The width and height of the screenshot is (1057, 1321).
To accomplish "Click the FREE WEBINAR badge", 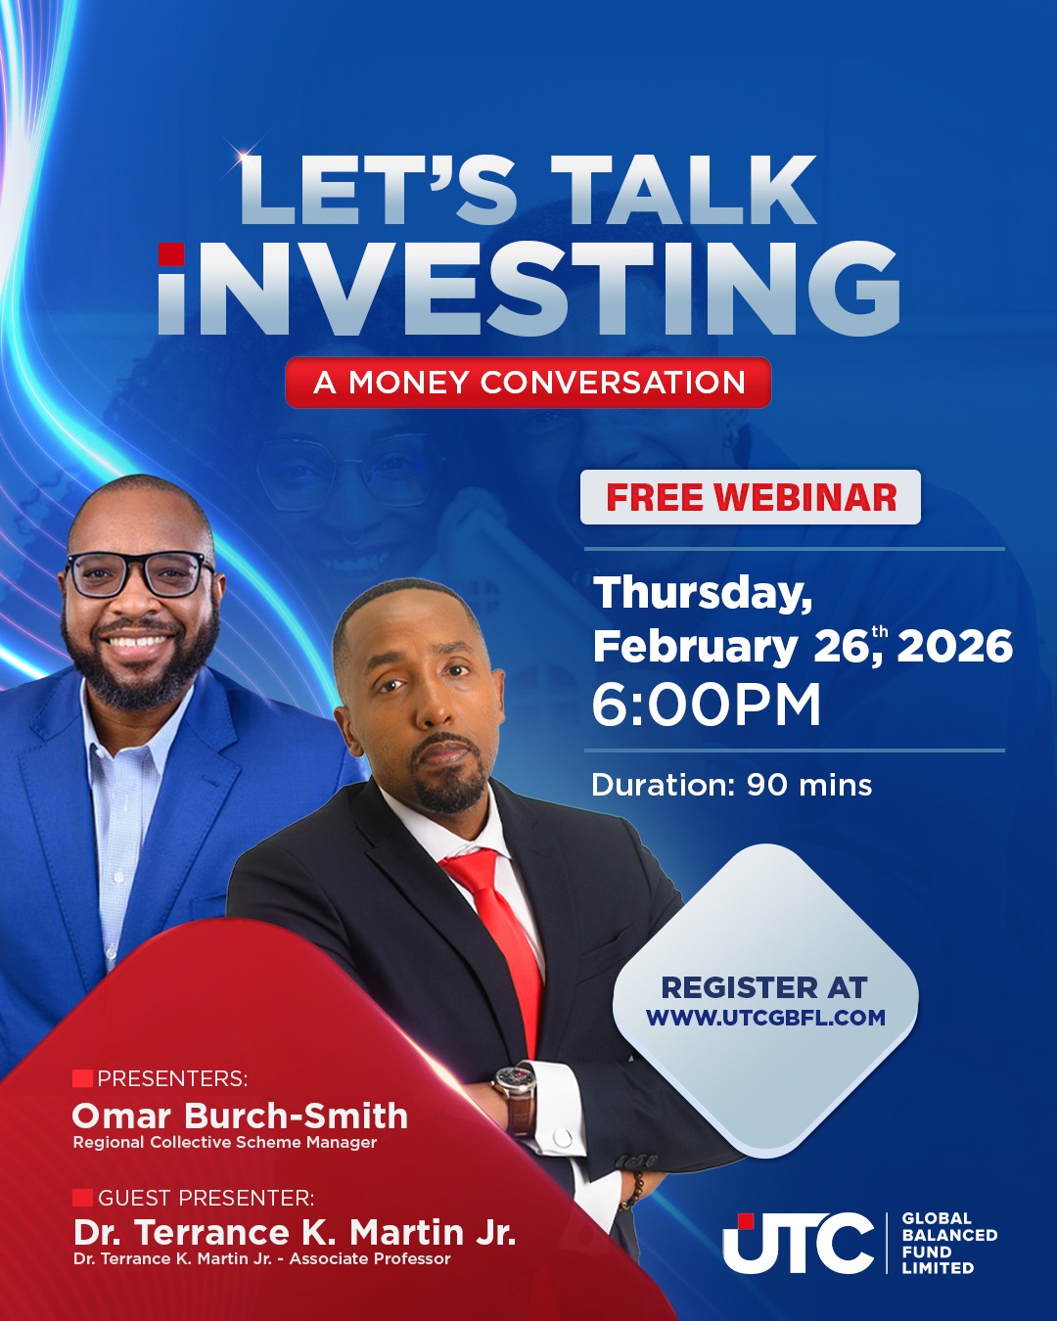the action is coord(750,497).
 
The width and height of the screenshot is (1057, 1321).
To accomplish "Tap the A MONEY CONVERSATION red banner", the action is coord(528,383).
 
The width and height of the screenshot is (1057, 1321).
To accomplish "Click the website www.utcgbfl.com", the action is coord(765,1018).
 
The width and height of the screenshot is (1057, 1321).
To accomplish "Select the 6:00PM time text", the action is coord(707,705).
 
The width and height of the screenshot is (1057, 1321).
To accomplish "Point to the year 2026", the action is coord(954,647).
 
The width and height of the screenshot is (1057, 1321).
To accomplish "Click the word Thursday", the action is coord(703,594).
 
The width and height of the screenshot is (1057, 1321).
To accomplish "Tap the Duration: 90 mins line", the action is coord(731,785).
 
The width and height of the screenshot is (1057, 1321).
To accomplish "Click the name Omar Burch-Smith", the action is coord(240,1116).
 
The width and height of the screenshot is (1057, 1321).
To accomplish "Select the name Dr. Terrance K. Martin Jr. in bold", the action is coord(295,1232).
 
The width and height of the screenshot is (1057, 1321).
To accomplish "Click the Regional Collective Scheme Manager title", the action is coord(225,1142).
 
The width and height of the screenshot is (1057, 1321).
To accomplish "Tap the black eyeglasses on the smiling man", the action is coord(139,574).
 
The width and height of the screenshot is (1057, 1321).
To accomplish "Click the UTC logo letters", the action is coord(798,1243).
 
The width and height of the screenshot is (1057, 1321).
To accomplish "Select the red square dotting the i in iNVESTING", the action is coord(171,254).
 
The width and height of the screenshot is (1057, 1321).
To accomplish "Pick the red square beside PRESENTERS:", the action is coord(82,1078).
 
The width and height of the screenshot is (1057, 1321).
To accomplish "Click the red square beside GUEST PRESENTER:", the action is coord(82,1198).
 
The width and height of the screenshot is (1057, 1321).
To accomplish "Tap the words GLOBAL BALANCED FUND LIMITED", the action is coord(949,1243).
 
